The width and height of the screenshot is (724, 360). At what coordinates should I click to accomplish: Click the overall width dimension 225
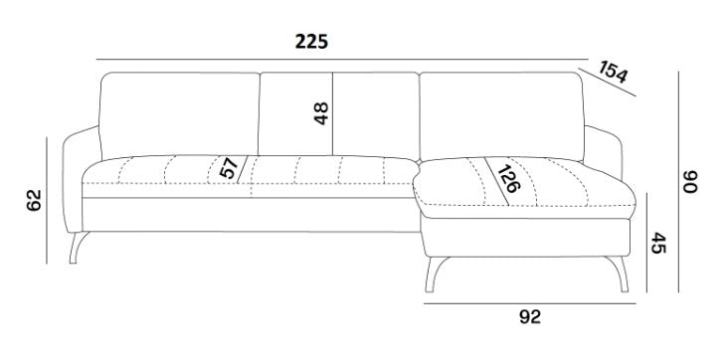pyautogui.click(x=311, y=42)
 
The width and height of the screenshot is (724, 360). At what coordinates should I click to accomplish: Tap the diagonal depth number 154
pyautogui.click(x=614, y=72)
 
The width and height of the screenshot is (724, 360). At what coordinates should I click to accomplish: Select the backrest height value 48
pyautogui.click(x=321, y=113)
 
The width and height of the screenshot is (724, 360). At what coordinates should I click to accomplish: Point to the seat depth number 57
pyautogui.click(x=229, y=167)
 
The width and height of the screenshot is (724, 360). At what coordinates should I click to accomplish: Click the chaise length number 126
pyautogui.click(x=508, y=179)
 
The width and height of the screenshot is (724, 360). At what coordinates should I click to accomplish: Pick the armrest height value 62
pyautogui.click(x=34, y=200)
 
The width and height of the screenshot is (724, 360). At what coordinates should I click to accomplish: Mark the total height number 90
pyautogui.click(x=691, y=182)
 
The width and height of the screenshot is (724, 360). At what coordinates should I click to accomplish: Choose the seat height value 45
pyautogui.click(x=658, y=243)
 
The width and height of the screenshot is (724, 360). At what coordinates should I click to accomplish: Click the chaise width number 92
pyautogui.click(x=530, y=317)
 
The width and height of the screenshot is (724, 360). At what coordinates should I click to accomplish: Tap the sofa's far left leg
pyautogui.click(x=78, y=247)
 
